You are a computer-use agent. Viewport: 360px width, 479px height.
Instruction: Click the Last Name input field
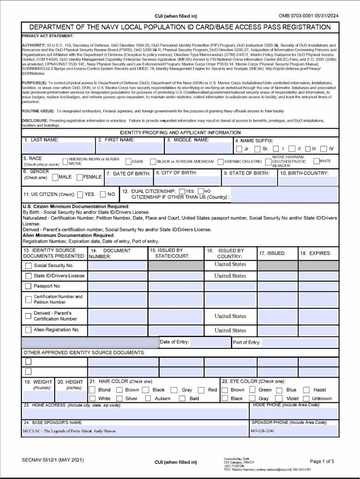[58, 148]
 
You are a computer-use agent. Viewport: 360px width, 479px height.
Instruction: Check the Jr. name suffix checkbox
[239, 149]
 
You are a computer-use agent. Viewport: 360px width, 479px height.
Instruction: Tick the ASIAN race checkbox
[128, 162]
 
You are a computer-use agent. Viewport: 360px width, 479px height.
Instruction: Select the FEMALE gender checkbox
[79, 177]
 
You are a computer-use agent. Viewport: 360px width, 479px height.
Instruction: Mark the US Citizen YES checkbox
[80, 194]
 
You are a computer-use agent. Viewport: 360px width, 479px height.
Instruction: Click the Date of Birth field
[129, 181]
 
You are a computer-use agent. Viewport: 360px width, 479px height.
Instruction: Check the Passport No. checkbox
[28, 286]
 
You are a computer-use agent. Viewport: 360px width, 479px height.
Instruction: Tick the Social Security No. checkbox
[28, 265]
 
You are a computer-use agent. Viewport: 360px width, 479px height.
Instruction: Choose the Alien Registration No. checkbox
[28, 330]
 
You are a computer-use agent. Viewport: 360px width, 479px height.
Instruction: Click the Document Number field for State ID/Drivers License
[117, 276]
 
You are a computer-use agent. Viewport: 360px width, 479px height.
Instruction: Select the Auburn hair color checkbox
[148, 399]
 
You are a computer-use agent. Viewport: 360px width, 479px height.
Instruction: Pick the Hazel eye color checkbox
[307, 390]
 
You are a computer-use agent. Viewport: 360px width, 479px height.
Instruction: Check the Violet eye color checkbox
[280, 399]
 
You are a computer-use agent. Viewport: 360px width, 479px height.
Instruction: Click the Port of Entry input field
[299, 342]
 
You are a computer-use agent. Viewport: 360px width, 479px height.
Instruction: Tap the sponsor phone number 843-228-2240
[262, 430]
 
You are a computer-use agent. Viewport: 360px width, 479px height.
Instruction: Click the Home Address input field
[136, 414]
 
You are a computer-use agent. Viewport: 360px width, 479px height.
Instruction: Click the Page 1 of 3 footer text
[322, 461]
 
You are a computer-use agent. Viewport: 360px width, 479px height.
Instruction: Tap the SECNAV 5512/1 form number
[53, 460]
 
